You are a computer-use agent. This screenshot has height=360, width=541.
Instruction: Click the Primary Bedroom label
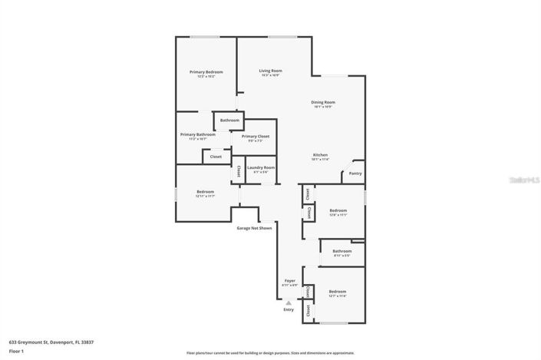pos(206,71)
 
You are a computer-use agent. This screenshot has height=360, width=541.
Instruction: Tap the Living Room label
pos(270,71)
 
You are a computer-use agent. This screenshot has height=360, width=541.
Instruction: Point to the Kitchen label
pos(321,155)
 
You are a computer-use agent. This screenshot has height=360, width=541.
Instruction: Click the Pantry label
pos(355,173)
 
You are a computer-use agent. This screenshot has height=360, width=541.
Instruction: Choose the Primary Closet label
pos(255,136)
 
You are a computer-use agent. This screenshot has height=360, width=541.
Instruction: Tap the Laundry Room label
pos(261,167)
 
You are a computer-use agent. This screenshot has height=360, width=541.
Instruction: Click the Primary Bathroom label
pos(198,134)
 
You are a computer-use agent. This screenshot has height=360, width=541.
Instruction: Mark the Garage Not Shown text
pos(254,228)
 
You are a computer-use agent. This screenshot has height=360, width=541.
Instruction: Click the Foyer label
pos(290,281)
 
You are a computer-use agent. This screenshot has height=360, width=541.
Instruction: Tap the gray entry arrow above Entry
pos(289,302)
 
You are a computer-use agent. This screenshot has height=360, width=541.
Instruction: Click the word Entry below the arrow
pos(289,309)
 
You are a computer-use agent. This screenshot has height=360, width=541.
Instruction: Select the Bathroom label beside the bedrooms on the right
pos(342,251)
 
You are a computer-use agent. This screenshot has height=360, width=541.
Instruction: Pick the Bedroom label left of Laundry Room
pos(205,191)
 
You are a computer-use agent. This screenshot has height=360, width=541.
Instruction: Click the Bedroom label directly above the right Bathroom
pos(338,210)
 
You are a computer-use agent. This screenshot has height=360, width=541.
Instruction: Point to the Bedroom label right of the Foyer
pos(338,292)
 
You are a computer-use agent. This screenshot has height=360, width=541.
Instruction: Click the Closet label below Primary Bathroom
pos(216,157)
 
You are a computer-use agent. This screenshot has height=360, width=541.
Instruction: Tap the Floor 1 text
pos(16,352)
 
